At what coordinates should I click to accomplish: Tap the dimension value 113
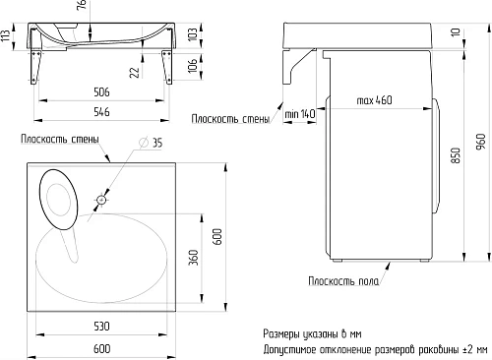click(7, 38)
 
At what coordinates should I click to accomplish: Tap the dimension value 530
click(101, 325)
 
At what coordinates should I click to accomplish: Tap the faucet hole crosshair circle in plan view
click(100, 201)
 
